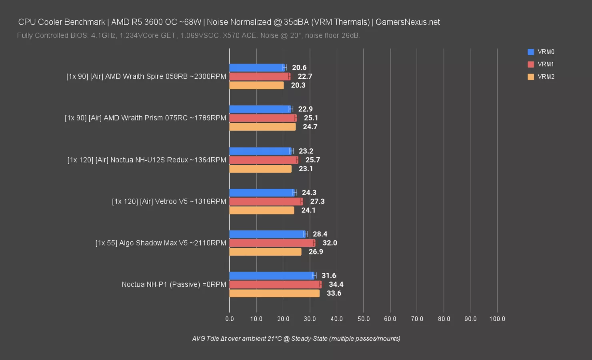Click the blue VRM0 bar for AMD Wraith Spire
pos(256,68)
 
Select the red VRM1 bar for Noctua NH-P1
pos(275,284)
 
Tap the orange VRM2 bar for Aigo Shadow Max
pos(265,252)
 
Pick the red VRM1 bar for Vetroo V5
pos(266,202)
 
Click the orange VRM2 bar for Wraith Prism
pos(262,127)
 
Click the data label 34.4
pos(336,284)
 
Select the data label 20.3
pos(298,85)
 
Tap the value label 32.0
pos(330,243)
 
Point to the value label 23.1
pos(306,169)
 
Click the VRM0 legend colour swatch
pos(531,52)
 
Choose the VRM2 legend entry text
pos(546,77)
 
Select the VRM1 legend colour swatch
pos(531,64)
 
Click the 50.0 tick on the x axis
pos(364,319)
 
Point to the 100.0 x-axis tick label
pos(497,319)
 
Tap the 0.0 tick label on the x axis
pos(230,319)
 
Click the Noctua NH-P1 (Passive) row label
pos(174,284)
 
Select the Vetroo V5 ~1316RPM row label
pos(169,202)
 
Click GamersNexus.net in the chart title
pos(408,22)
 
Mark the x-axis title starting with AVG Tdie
pos(296,338)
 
